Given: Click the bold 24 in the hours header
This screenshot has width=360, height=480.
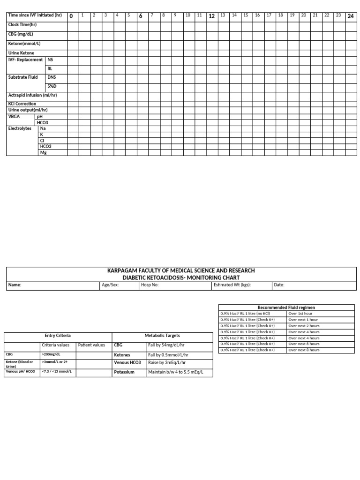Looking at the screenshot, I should pyautogui.click(x=351, y=16).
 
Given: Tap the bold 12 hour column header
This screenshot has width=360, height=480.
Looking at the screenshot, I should pyautogui.click(x=211, y=16).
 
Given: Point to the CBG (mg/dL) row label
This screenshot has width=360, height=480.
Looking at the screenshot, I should pyautogui.click(x=21, y=34).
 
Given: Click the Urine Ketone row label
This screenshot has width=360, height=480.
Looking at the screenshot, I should pyautogui.click(x=22, y=53).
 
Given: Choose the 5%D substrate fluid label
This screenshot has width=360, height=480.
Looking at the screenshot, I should pyautogui.click(x=52, y=87).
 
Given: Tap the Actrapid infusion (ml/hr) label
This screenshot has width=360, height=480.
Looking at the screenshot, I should pyautogui.click(x=32, y=95).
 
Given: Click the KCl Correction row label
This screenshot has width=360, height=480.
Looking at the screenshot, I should pyautogui.click(x=22, y=104).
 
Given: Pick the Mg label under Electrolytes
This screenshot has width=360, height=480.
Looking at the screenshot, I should pyautogui.click(x=44, y=152).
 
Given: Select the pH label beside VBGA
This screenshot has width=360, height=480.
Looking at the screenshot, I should pyautogui.click(x=39, y=116).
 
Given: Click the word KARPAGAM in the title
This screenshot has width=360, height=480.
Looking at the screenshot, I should pyautogui.click(x=123, y=270).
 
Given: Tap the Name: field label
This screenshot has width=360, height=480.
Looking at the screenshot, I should pyautogui.click(x=15, y=285).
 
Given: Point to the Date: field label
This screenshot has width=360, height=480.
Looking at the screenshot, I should pyautogui.click(x=279, y=285).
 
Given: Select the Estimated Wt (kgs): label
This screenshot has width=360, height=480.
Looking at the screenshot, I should pyautogui.click(x=232, y=285).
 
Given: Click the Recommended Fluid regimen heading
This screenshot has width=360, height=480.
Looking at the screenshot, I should pyautogui.click(x=286, y=307).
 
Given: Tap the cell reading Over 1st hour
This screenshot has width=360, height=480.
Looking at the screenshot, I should pyautogui.click(x=300, y=314).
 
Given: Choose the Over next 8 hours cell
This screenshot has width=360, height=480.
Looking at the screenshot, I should pyautogui.click(x=304, y=350).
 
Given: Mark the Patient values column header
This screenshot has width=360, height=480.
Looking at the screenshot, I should pyautogui.click(x=91, y=345).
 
